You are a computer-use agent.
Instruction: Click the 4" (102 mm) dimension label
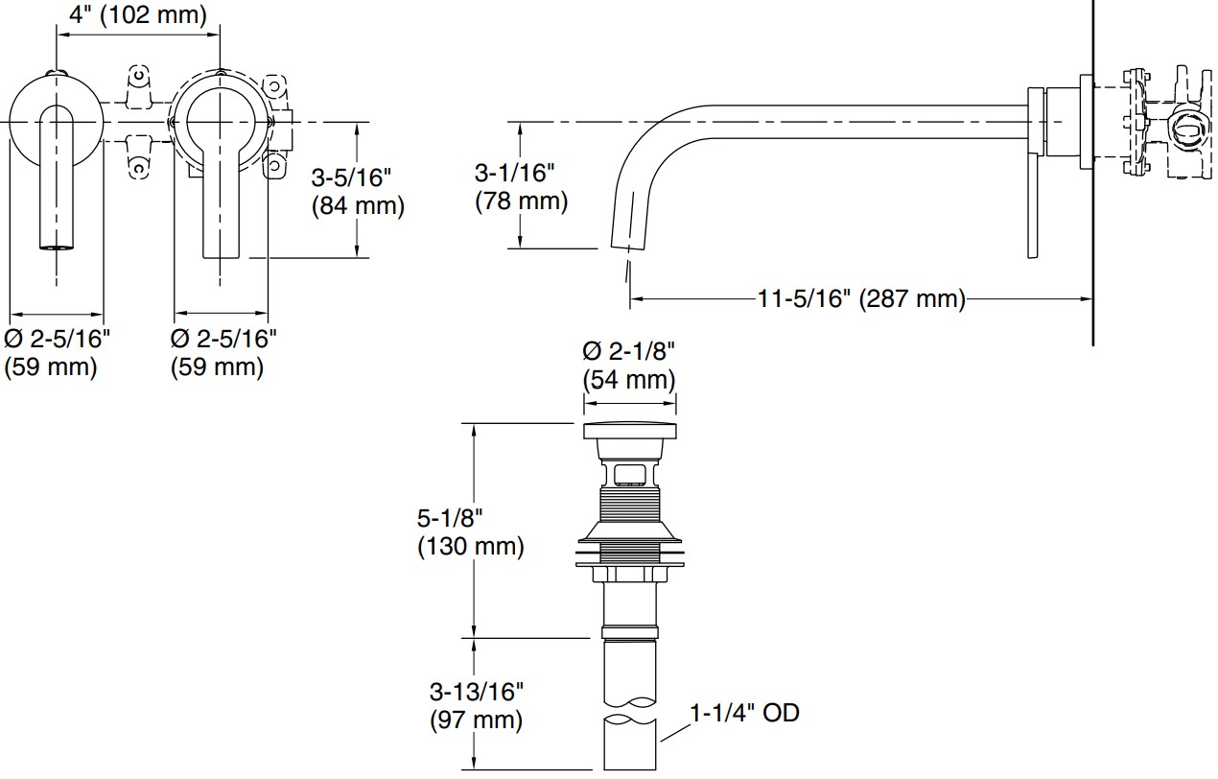click(138, 14)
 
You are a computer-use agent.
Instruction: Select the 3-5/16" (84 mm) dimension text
click(358, 192)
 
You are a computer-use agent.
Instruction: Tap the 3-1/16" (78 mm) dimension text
click(521, 187)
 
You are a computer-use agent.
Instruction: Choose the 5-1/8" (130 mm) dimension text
click(470, 532)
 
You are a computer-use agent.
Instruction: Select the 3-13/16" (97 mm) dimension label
click(476, 705)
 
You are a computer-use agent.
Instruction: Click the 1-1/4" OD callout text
click(744, 713)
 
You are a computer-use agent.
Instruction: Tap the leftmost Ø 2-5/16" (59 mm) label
click(58, 352)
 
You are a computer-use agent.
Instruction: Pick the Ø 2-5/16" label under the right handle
click(223, 352)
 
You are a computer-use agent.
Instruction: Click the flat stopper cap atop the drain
click(629, 430)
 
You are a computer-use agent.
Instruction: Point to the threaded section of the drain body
click(629, 505)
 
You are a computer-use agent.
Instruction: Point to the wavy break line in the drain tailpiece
click(629, 719)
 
